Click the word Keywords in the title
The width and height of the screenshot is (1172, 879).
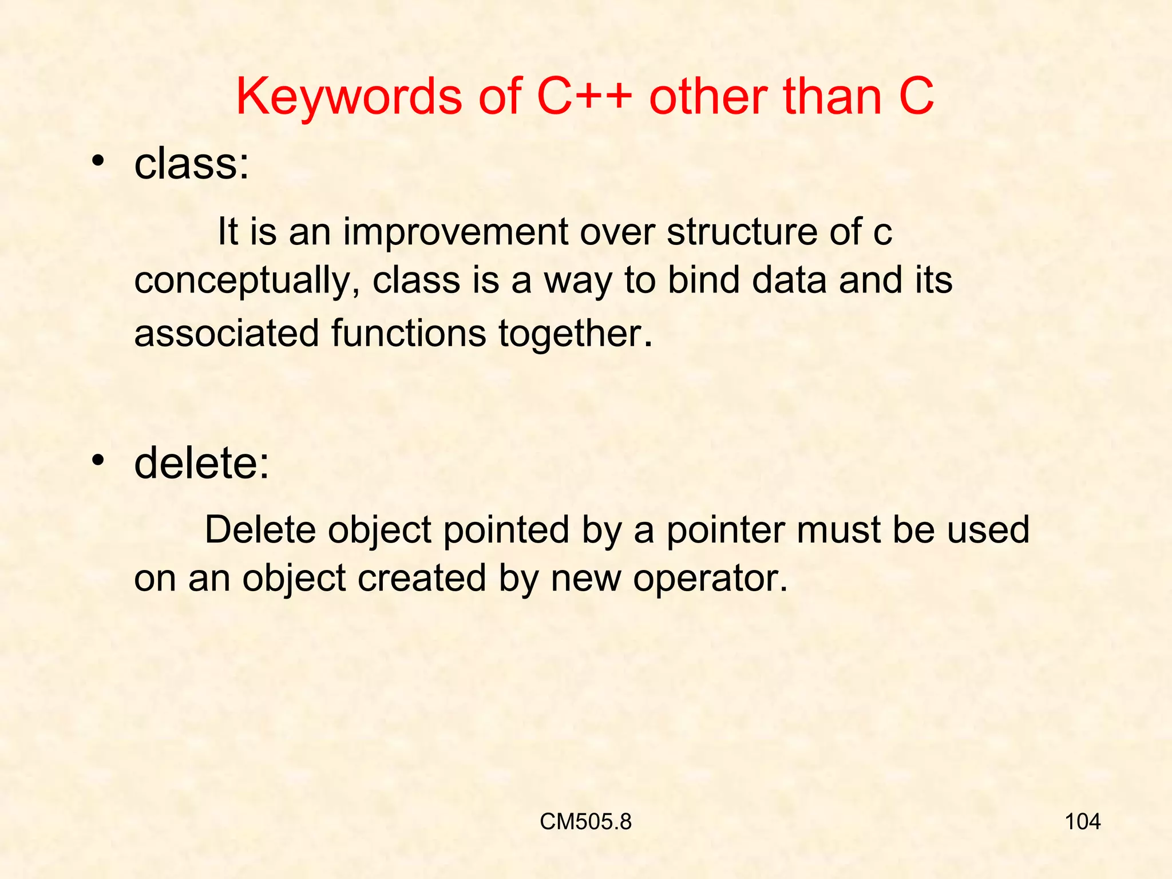[x=349, y=97]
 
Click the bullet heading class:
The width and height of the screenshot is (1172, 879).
[x=192, y=164]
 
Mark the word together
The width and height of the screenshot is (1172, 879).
[x=575, y=334]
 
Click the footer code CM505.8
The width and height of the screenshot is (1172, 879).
[x=585, y=822]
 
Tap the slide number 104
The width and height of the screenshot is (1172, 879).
[x=1082, y=822]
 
